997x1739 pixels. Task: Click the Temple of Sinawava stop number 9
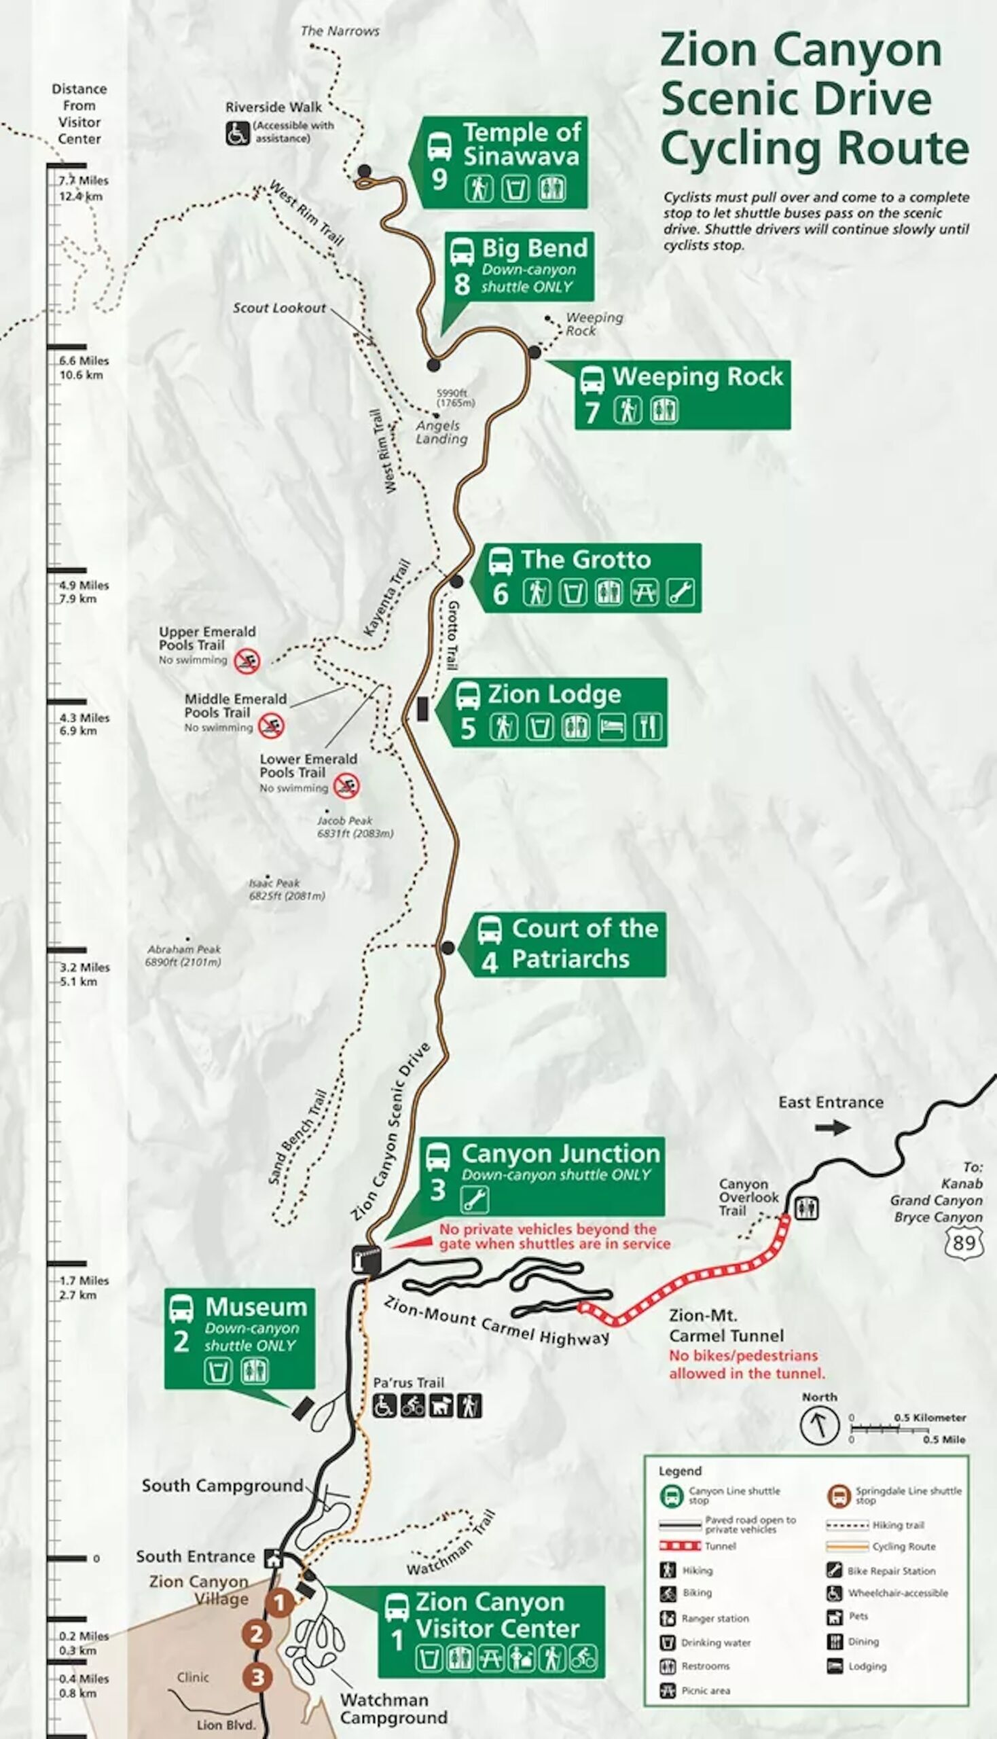click(439, 179)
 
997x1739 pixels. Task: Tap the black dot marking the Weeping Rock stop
click(534, 352)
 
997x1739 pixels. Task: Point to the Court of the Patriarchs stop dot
click(447, 948)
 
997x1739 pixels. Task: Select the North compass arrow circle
click(819, 1425)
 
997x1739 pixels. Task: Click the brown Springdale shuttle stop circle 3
click(257, 1677)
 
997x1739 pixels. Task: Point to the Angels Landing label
click(441, 432)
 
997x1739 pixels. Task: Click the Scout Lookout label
click(279, 308)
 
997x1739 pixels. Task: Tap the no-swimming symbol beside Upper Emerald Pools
click(247, 661)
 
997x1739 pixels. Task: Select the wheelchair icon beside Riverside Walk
click(237, 133)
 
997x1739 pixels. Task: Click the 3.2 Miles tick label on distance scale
click(85, 968)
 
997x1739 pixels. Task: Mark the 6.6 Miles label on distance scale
click(84, 361)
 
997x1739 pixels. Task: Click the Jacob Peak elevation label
click(355, 827)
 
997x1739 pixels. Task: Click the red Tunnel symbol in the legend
click(681, 1546)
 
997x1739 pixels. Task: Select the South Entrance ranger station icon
click(274, 1558)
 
